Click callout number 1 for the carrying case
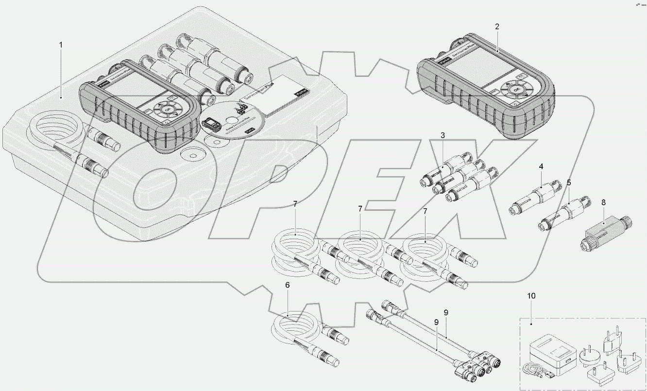[61, 45]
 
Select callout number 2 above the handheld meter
[497, 27]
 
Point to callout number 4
[541, 166]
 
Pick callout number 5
[569, 183]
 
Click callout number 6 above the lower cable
[287, 285]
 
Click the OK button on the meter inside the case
[168, 110]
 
